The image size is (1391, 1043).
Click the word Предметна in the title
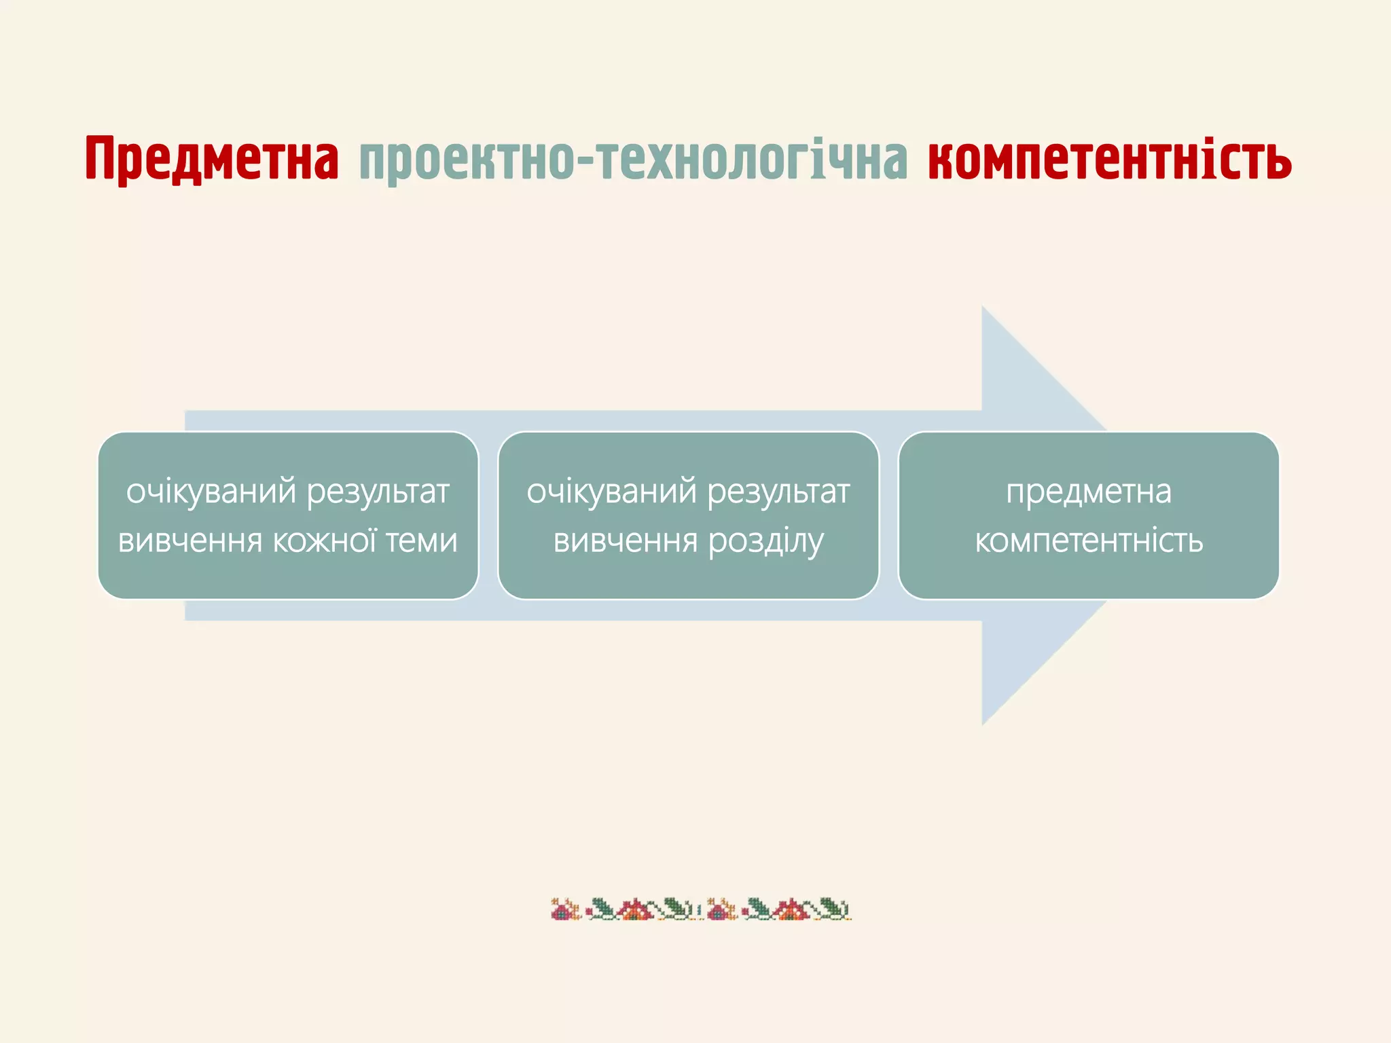pyautogui.click(x=212, y=159)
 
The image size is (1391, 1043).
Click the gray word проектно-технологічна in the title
pyautogui.click(x=633, y=160)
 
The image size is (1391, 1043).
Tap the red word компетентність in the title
pyautogui.click(x=1109, y=159)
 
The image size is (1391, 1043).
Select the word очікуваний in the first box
pyautogui.click(x=211, y=492)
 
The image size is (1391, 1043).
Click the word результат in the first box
pyautogui.click(x=378, y=492)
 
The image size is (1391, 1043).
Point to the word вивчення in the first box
pyautogui.click(x=190, y=541)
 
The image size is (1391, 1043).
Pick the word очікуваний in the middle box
pyautogui.click(x=611, y=492)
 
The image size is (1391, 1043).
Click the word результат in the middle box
pyautogui.click(x=778, y=492)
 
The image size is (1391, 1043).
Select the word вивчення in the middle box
pyautogui.click(x=626, y=541)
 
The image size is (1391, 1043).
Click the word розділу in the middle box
pyautogui.click(x=765, y=541)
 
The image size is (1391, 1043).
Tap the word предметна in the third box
pyautogui.click(x=1089, y=492)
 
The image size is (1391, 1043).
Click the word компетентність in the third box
pyautogui.click(x=1089, y=541)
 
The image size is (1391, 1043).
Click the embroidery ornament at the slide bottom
pyautogui.click(x=700, y=909)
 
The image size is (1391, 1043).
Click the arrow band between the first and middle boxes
pyautogui.click(x=488, y=516)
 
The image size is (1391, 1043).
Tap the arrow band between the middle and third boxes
pyautogui.click(x=888, y=516)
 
